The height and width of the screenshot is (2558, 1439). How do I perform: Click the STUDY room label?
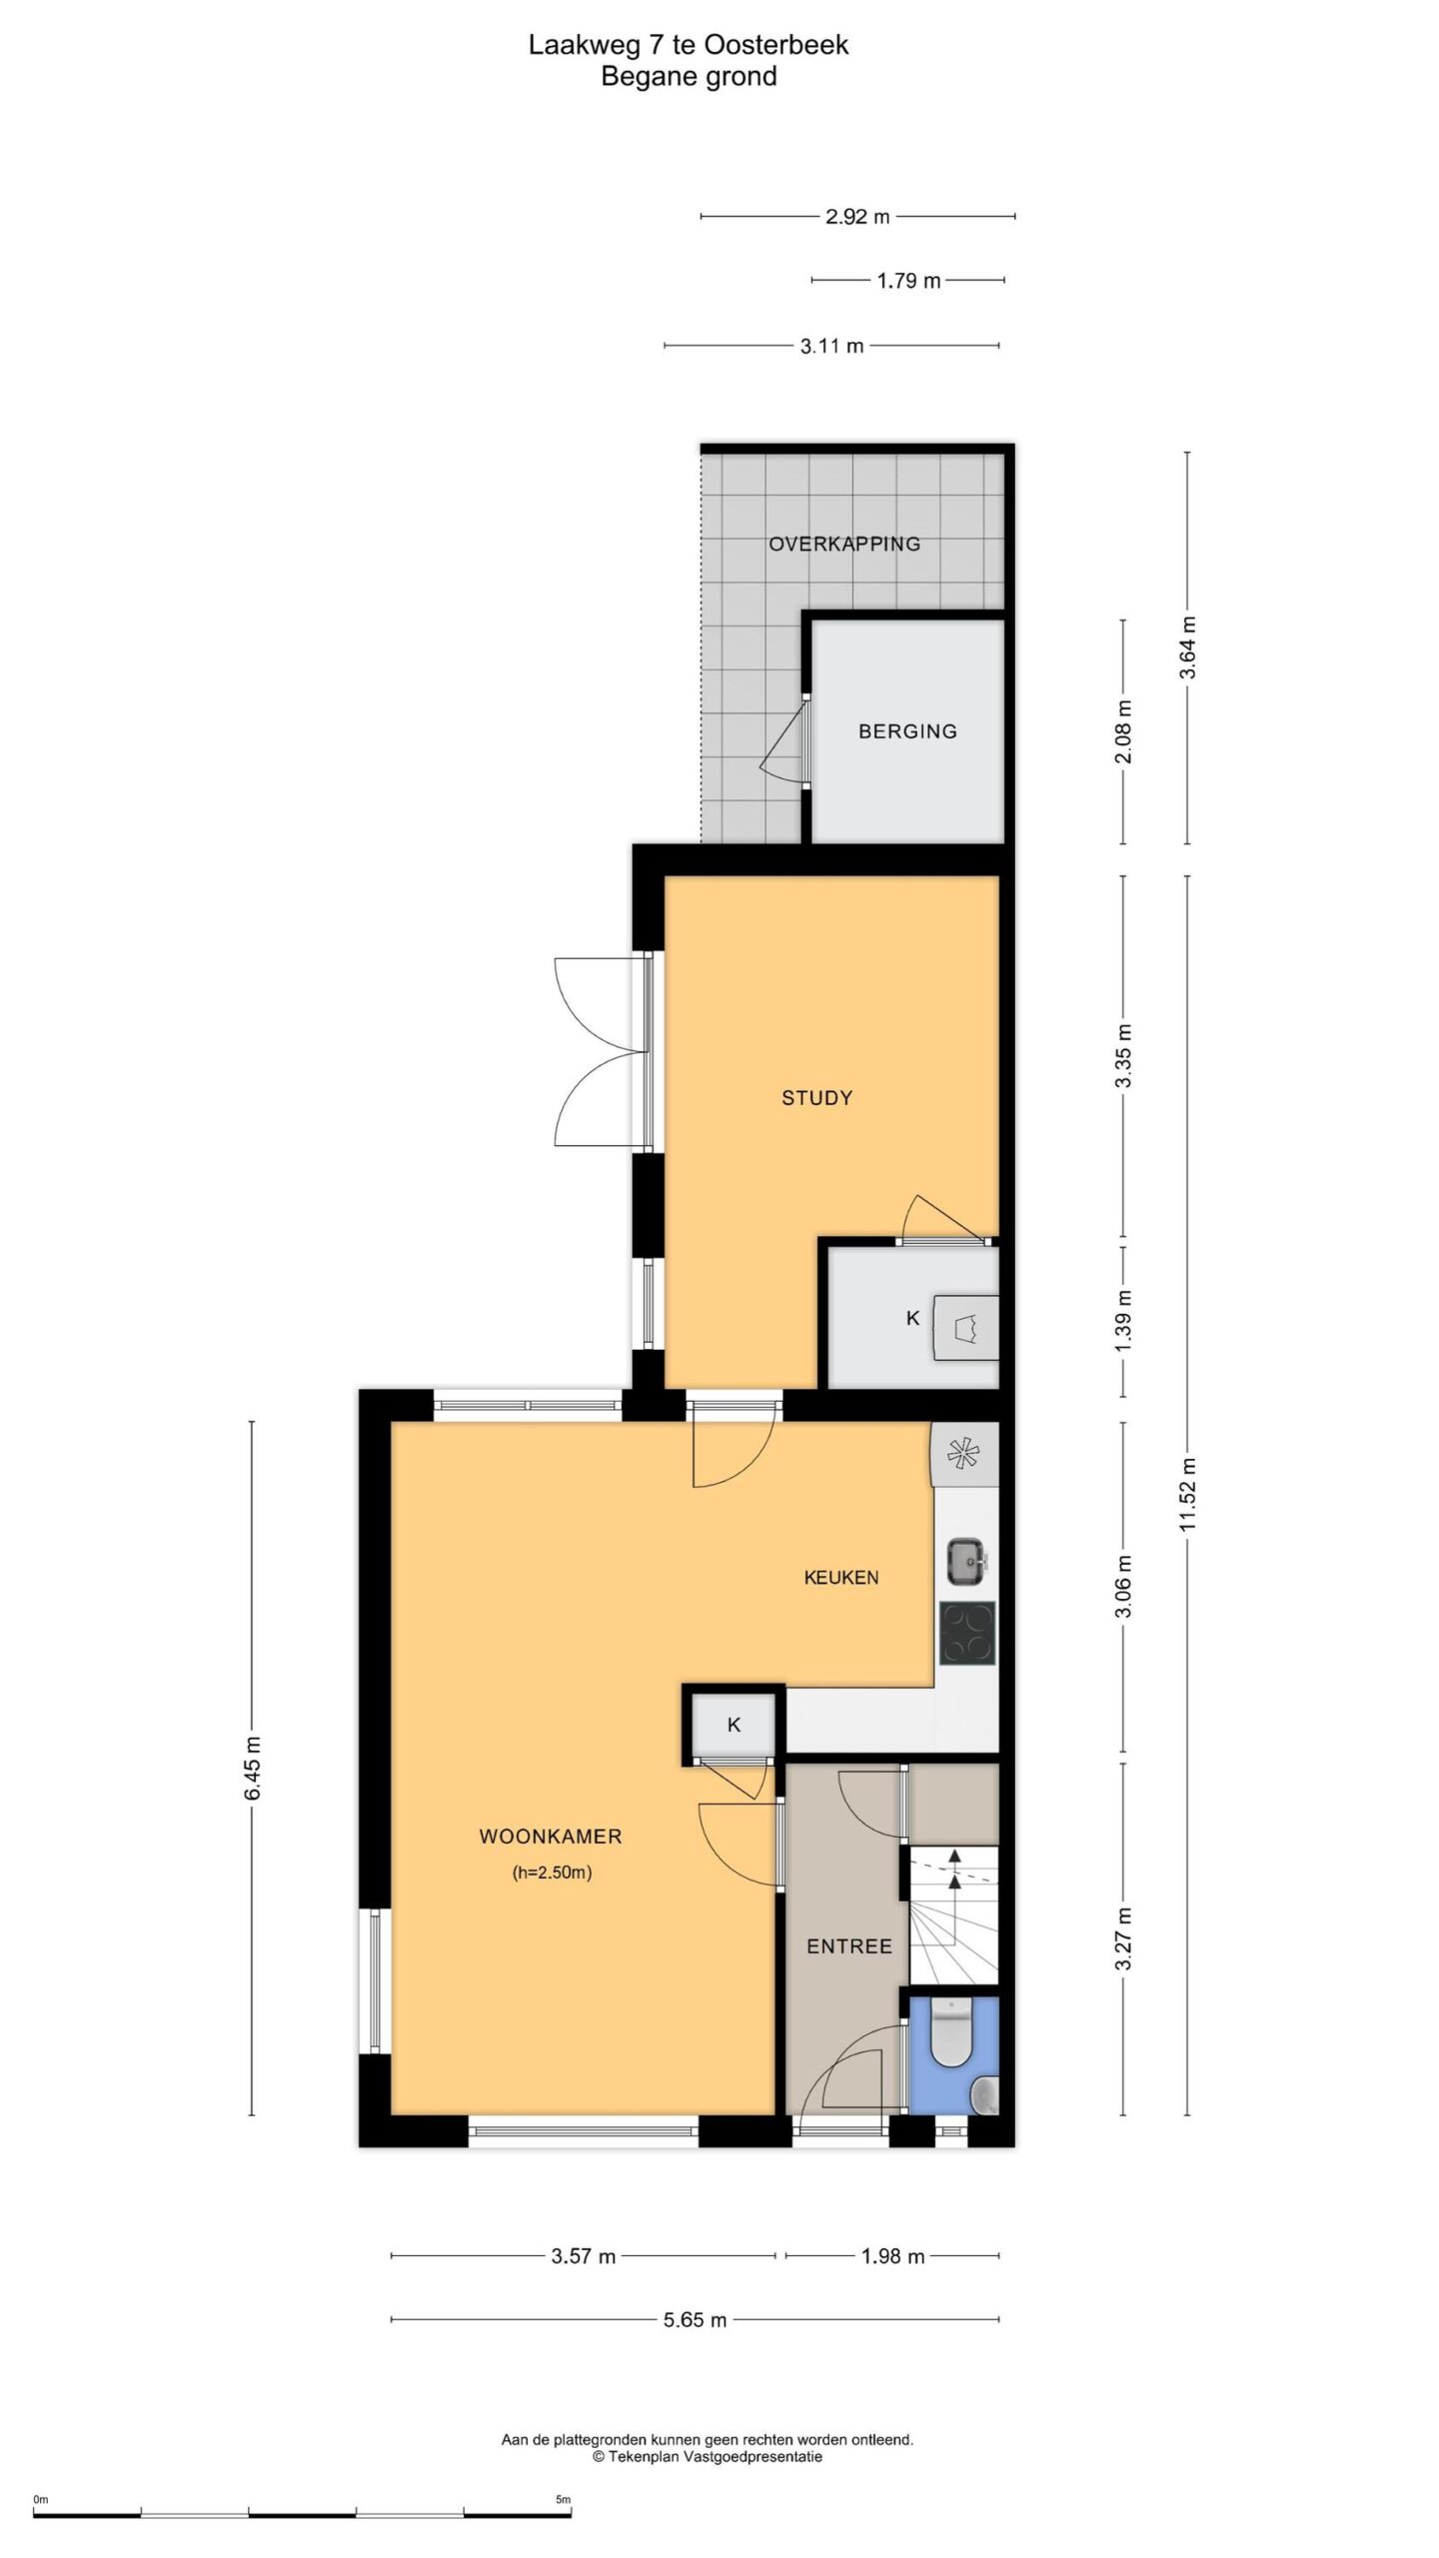[x=816, y=1098]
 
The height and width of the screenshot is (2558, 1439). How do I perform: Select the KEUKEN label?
[x=841, y=1578]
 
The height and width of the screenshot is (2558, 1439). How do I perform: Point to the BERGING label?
[x=907, y=731]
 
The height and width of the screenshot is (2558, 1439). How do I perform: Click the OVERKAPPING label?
[x=844, y=545]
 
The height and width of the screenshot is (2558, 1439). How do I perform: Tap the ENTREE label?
[x=849, y=1946]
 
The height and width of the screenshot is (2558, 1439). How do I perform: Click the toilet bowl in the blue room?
[x=952, y=2036]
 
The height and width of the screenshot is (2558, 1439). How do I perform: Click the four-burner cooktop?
[x=967, y=1634]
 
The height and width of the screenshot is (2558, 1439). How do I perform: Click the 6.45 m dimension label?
[x=253, y=1768]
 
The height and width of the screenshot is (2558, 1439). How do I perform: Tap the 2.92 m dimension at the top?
[x=857, y=216]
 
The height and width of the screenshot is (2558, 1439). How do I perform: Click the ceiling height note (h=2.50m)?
[x=552, y=1874]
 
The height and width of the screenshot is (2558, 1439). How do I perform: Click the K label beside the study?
[x=912, y=1319]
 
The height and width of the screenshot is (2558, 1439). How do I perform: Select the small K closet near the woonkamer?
[x=733, y=1725]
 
